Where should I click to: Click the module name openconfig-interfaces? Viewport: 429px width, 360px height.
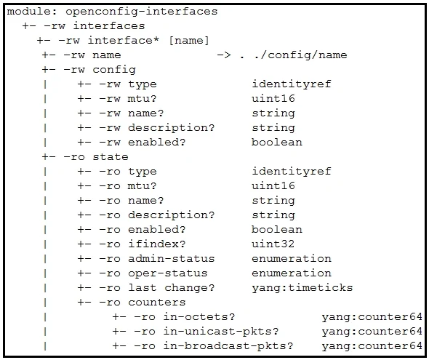(x=142, y=12)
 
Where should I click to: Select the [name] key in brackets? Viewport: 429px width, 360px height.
(x=189, y=41)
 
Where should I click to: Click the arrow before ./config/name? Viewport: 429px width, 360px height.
(x=224, y=55)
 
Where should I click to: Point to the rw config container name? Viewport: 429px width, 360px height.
(x=114, y=70)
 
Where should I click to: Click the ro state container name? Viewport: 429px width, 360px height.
(x=111, y=157)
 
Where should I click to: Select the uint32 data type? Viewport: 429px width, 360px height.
(x=273, y=244)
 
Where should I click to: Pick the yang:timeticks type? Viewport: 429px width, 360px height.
(x=302, y=288)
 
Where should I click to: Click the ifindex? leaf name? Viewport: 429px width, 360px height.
(x=157, y=244)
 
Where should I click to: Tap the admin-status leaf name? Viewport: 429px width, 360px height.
(x=172, y=258)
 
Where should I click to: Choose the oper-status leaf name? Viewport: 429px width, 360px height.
(x=168, y=273)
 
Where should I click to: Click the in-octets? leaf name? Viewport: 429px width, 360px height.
(x=199, y=317)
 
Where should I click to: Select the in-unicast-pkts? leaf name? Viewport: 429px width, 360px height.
(x=221, y=332)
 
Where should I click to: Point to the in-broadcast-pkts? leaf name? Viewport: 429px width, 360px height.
(x=228, y=346)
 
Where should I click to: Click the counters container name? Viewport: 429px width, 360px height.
(x=157, y=303)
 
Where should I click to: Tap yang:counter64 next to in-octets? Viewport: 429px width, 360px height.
(x=372, y=317)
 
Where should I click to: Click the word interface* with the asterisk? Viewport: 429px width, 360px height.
(x=123, y=41)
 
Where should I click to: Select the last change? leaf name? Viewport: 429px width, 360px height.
(x=172, y=288)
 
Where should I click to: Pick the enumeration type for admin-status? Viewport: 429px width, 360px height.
(x=292, y=258)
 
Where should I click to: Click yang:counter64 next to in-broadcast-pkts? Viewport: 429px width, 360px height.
(x=372, y=346)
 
